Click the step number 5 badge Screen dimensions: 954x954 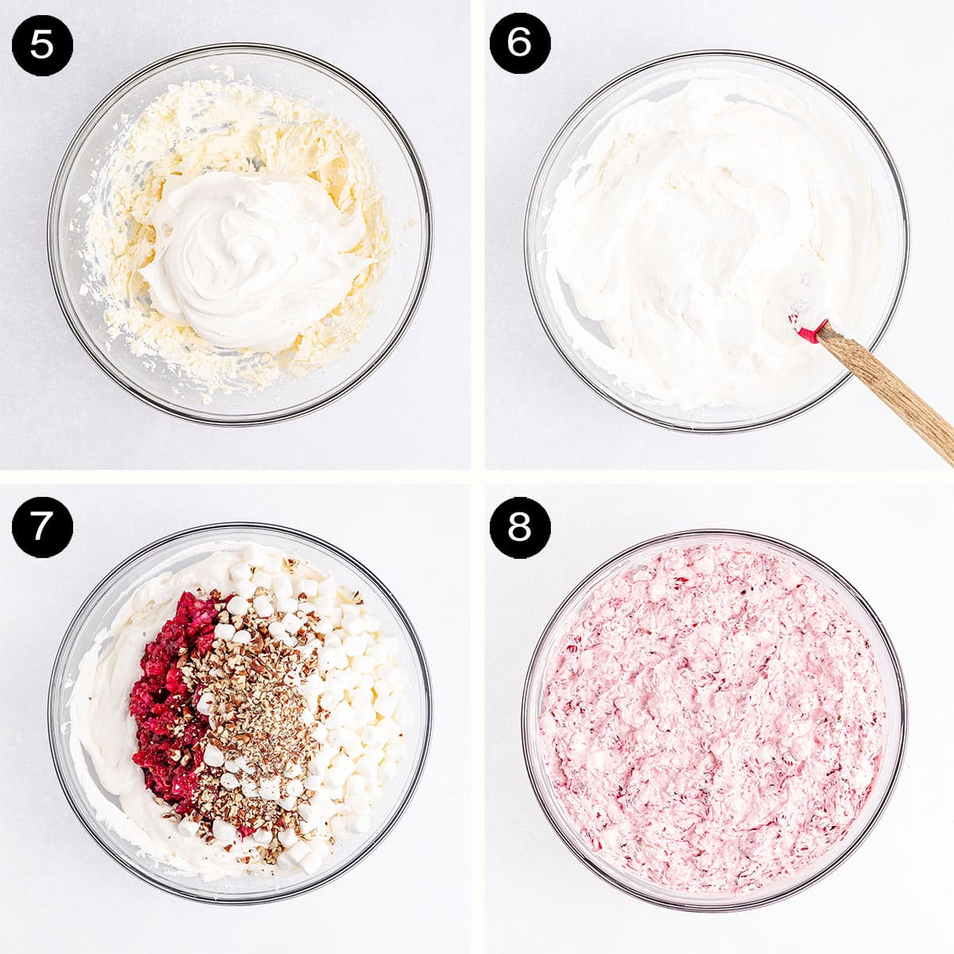coord(42,45)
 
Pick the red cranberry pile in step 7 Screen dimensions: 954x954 coord(167,700)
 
